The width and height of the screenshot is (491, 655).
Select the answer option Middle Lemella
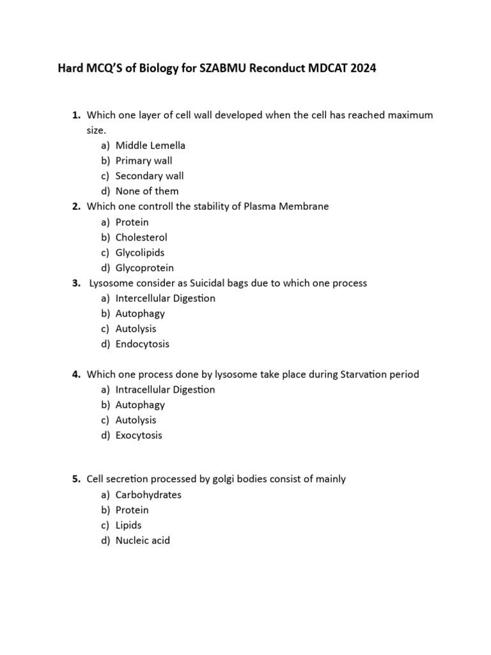[150, 145]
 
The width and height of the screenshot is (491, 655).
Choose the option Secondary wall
[150, 176]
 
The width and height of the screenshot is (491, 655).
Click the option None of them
[147, 191]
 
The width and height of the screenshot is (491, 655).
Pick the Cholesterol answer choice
[141, 237]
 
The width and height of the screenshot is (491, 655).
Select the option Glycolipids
[140, 253]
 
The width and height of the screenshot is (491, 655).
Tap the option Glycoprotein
[144, 268]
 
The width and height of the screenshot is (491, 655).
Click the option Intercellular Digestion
[166, 298]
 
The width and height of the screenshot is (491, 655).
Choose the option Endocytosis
[143, 344]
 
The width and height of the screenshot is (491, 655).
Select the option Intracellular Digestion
[166, 390]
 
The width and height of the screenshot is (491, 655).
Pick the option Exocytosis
[139, 436]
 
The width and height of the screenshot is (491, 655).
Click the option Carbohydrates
[148, 495]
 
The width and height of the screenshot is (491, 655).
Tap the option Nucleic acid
[143, 541]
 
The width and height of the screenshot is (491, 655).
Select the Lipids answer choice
[129, 525]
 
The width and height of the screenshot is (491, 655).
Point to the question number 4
[75, 374]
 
